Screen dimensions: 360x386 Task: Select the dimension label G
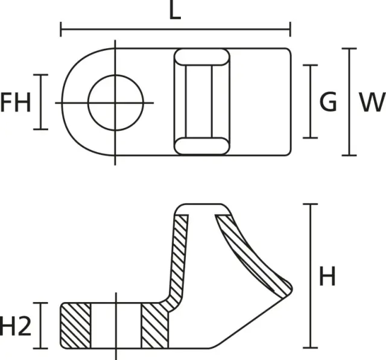point(328,103)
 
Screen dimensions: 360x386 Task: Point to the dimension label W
point(371,103)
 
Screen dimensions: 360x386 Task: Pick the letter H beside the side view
point(327,277)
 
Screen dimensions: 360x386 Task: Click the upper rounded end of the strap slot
point(201,58)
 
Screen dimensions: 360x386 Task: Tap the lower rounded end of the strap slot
point(201,146)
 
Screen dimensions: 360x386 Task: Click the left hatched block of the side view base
point(75,326)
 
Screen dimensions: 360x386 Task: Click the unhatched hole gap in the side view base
point(116,326)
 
